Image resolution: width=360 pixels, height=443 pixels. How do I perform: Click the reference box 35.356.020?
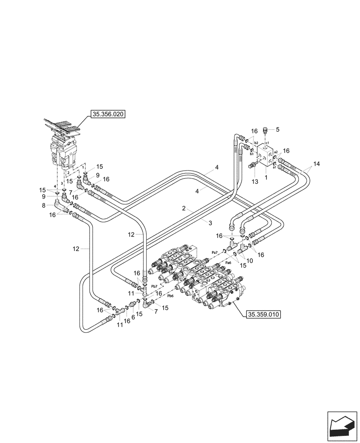click(x=107, y=114)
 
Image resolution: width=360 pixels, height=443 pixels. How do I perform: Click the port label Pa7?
click(x=215, y=252)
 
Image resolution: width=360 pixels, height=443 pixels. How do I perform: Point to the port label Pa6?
click(x=228, y=263)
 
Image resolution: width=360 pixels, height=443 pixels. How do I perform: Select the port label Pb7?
click(x=154, y=287)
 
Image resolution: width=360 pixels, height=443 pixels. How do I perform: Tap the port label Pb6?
click(x=170, y=296)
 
